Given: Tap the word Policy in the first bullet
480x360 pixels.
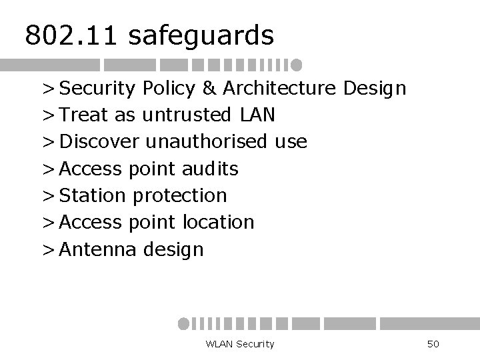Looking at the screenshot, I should (178, 89).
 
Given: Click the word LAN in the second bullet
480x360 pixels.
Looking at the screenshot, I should (257, 115).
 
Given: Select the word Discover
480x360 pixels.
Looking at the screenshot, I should (99, 142).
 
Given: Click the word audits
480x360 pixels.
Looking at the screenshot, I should (209, 169).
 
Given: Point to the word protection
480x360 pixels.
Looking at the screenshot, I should (180, 196).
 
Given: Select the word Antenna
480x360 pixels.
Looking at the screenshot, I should (98, 249).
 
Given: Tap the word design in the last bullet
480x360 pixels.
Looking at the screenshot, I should (173, 250).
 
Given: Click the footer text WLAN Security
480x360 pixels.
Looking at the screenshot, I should (240, 344).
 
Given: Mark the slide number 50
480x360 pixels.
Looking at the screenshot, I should (433, 344).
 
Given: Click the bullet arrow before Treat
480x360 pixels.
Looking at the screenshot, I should (49, 116).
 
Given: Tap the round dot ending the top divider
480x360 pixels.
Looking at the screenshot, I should (297, 65).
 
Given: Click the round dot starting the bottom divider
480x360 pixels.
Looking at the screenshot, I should (183, 323).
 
